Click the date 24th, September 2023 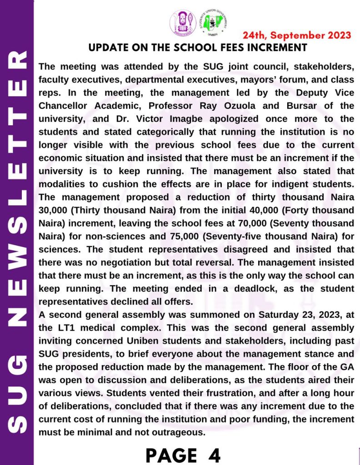point(297,35)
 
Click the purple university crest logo point(183,22)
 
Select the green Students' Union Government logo point(214,23)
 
